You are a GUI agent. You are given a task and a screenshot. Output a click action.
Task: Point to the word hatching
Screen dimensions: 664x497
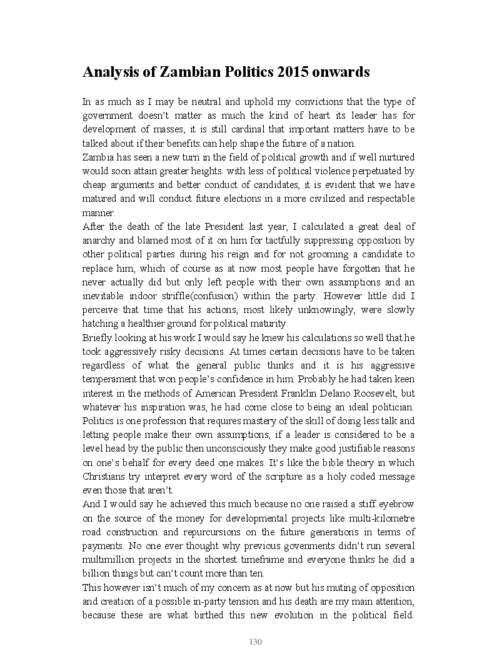tap(99, 324)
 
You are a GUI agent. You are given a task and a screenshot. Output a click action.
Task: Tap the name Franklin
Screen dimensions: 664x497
tap(279, 394)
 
